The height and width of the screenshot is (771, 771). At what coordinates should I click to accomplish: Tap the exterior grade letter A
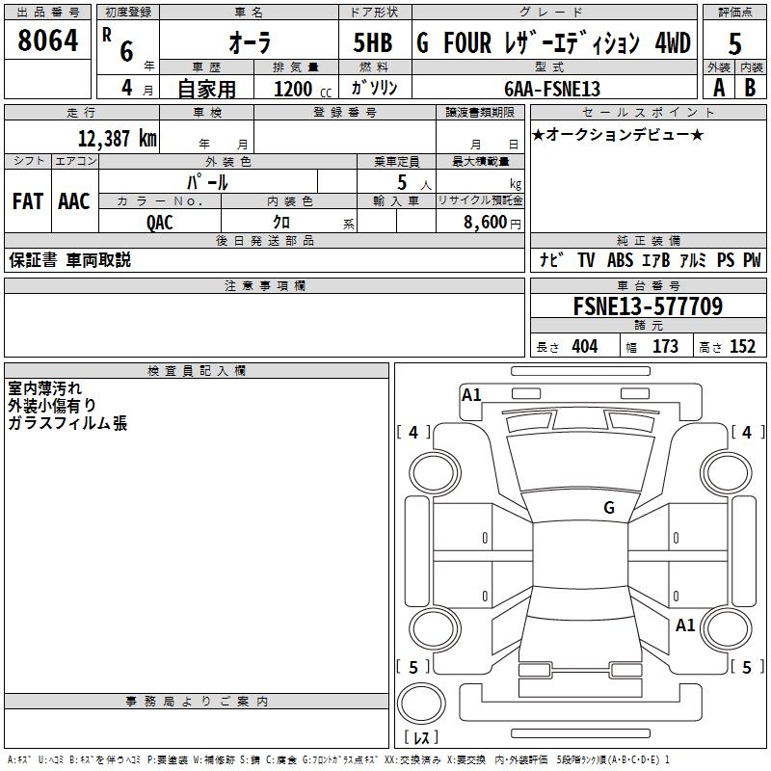coord(718,87)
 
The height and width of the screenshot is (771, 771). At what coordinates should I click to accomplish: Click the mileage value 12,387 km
coord(118,138)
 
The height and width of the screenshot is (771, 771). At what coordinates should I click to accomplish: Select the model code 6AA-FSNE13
coord(552,89)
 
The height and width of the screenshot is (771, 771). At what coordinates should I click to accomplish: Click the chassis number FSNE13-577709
coord(647,306)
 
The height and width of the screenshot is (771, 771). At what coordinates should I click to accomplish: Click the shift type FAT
coord(27,201)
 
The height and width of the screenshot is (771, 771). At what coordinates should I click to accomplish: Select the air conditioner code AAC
coord(73,201)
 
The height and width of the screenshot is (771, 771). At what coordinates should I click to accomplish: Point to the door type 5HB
coord(373,43)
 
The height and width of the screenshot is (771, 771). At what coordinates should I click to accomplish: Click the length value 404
coord(584,347)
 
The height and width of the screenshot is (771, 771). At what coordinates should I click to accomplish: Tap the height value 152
coord(742,347)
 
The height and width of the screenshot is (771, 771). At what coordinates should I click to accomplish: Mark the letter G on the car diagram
coord(609,507)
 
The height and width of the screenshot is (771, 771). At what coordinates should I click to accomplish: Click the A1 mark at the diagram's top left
coord(471,395)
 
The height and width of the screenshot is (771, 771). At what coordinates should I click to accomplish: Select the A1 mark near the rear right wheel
coord(685,625)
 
